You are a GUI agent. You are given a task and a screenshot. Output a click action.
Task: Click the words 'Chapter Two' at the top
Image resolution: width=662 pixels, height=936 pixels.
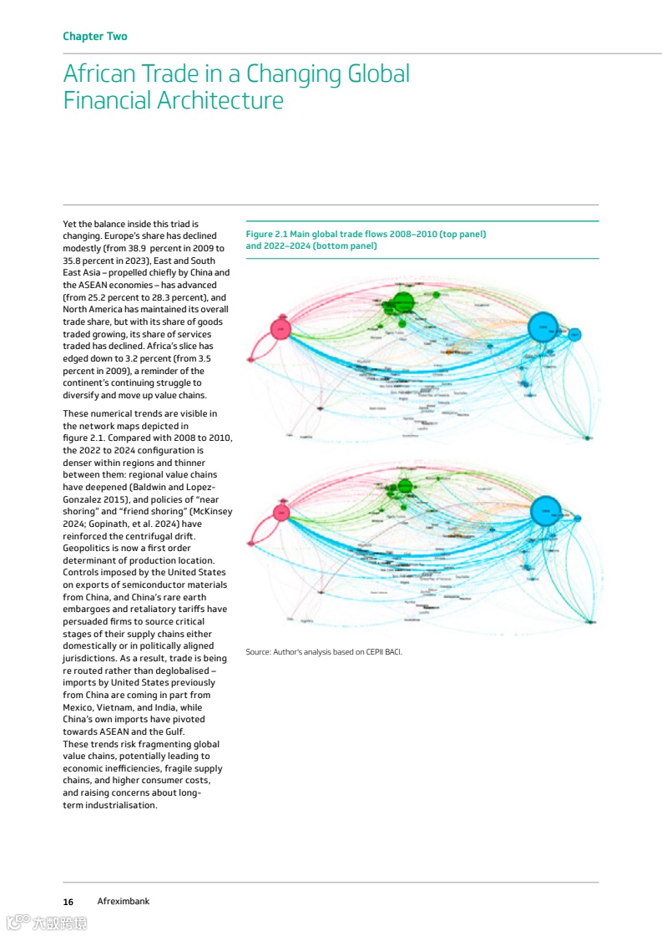pos(95,37)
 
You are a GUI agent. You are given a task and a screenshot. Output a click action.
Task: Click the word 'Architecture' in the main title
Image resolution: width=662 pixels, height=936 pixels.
pos(215,101)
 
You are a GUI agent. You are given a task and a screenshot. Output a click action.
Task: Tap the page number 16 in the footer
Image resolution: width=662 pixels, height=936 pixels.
pos(68,902)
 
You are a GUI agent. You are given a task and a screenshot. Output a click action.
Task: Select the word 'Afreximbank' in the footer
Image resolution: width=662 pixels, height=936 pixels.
pos(123,902)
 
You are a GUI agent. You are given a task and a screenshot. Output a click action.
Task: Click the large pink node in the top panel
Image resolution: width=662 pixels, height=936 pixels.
pos(281,330)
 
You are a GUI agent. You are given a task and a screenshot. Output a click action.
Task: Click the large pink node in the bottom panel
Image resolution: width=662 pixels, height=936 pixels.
pos(281,512)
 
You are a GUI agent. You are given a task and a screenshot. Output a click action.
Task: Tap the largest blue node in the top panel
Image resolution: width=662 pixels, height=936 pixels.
pos(543,326)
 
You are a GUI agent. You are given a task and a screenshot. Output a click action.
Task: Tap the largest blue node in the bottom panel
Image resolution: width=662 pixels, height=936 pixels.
pos(544,508)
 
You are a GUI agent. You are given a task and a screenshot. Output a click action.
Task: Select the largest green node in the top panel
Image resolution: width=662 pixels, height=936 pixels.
pos(403,301)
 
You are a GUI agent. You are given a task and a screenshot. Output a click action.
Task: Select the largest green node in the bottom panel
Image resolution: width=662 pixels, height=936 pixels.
pos(405,486)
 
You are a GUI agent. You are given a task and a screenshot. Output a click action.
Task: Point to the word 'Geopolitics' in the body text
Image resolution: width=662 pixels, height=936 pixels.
pos(87,548)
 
